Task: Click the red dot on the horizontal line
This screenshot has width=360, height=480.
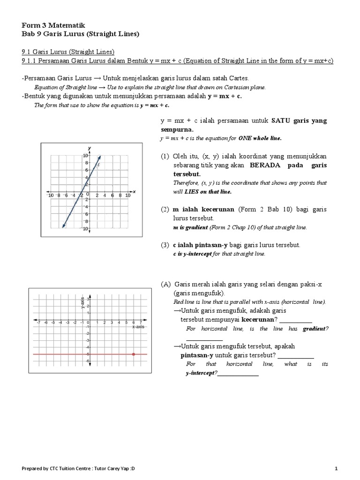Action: pyautogui.click(x=134, y=354)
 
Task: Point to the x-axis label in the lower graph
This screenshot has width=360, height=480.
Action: pyautogui.click(x=138, y=327)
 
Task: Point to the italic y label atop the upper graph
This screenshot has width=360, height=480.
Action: pyautogui.click(x=89, y=148)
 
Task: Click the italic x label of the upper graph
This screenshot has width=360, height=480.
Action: pyautogui.click(x=134, y=191)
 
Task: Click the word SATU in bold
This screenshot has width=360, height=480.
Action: pyautogui.click(x=281, y=121)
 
